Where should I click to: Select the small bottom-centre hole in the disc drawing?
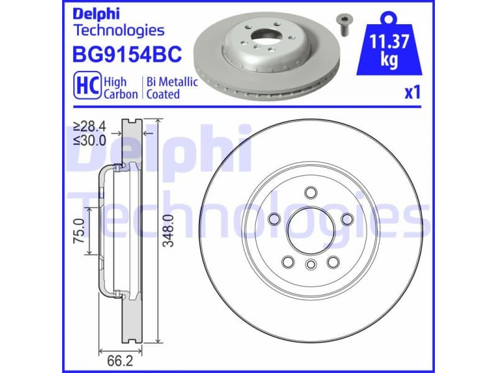point(309,266)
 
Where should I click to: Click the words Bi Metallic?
point(171,81)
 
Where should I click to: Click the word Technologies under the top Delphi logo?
point(119,30)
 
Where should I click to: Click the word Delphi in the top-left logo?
point(94,13)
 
